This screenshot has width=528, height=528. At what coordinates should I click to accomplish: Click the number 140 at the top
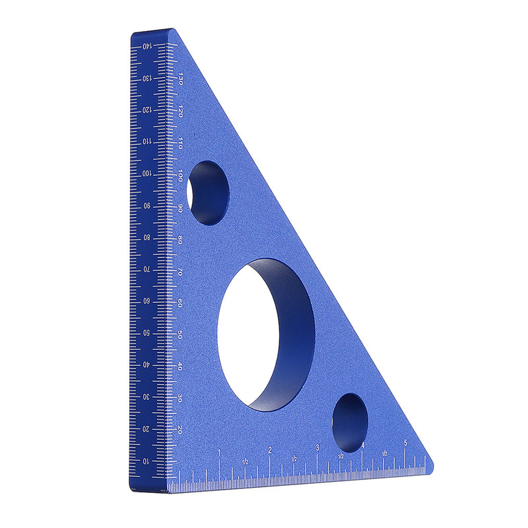pos(147,46)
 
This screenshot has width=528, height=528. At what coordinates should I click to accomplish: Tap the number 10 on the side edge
pos(146,460)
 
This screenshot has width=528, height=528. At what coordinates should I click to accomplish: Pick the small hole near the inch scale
pos(349,422)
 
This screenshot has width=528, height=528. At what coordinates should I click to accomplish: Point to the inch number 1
pos(219,452)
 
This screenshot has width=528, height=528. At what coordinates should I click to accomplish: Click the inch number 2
pos(269,451)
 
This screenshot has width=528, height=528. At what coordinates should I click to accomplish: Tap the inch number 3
pos(317,448)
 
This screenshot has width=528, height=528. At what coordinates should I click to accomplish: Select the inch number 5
pos(405,444)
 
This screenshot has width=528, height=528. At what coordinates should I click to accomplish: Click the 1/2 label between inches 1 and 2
pos(245,460)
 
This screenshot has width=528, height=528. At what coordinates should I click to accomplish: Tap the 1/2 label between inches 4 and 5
pos(384,453)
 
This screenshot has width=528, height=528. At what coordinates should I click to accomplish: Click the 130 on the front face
pos(180,78)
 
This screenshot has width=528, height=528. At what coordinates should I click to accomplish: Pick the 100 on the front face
pos(180,175)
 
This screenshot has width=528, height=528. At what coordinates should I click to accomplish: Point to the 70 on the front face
pos(180,271)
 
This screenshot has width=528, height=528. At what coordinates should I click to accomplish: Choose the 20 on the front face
pos(180,430)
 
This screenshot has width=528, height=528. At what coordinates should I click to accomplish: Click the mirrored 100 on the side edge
pos(146,173)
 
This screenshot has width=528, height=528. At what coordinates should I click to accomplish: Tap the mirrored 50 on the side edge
pos(146,333)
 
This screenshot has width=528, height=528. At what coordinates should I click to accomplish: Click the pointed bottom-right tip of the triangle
pos(432,464)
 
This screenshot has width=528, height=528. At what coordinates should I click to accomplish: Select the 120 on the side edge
pos(146,110)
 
